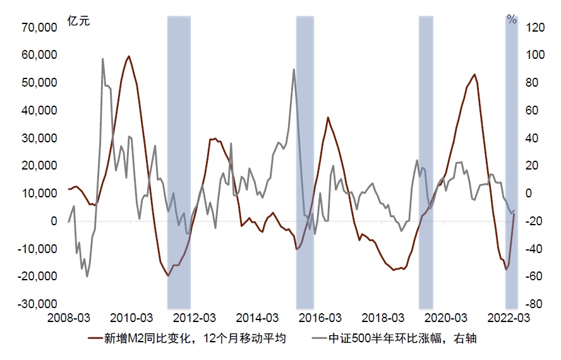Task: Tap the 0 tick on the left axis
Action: pos(55,221)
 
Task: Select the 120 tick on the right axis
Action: pos(535,27)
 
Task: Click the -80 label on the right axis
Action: pos(534,304)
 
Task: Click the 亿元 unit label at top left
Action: pos(79,20)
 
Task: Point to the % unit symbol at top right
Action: pos(512,20)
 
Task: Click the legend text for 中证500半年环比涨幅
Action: pos(402,338)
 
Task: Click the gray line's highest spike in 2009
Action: pos(102,59)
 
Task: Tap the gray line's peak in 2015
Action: pos(294,69)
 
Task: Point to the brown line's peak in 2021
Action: pos(474,74)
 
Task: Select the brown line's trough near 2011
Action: pos(168,276)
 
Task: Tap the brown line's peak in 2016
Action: pos(328,118)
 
